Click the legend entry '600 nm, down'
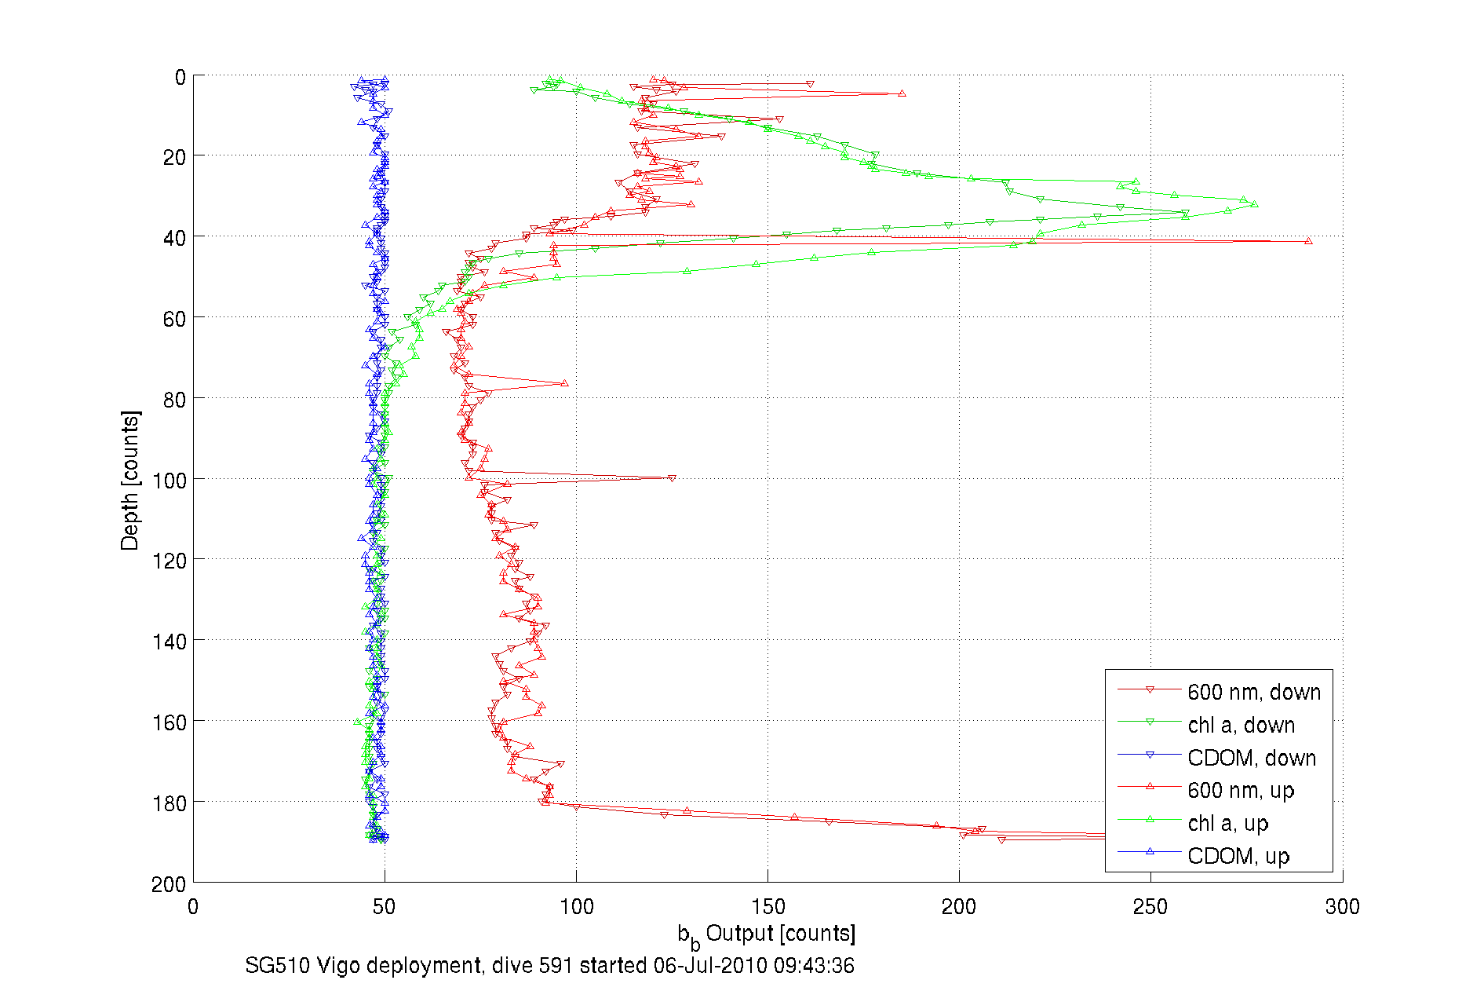(x=1253, y=692)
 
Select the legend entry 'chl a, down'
(x=1241, y=725)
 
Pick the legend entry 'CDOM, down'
(x=1252, y=758)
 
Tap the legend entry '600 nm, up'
(x=1241, y=790)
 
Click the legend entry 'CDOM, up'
(x=1238, y=856)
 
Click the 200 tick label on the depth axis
(x=169, y=884)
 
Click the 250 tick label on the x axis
(x=1150, y=907)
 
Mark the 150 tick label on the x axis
(x=768, y=907)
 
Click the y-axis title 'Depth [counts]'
(x=130, y=480)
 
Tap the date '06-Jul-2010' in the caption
(x=710, y=965)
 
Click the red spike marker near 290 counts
(x=1308, y=241)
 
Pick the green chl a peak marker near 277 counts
(x=1254, y=204)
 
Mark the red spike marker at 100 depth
(x=672, y=478)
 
